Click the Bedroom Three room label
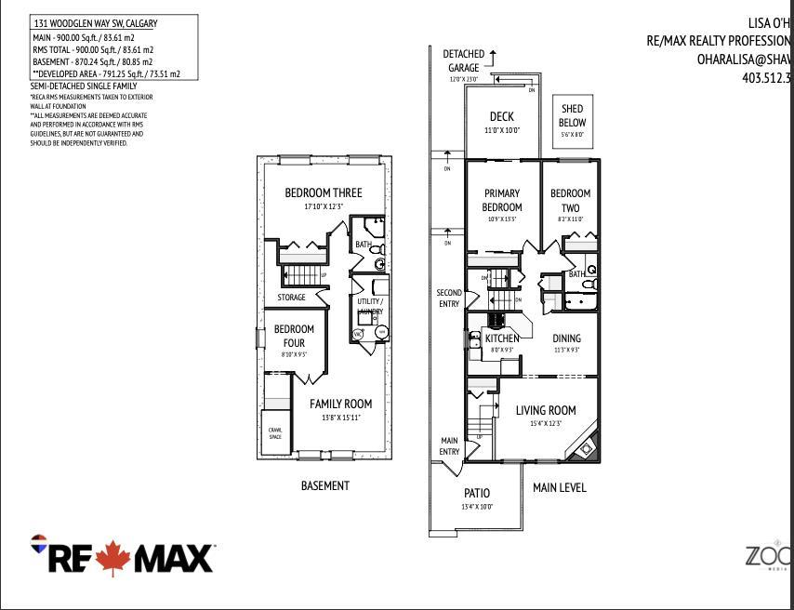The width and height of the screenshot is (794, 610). click(x=323, y=192)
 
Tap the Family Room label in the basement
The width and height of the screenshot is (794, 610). click(x=340, y=404)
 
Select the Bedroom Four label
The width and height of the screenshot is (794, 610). click(x=294, y=336)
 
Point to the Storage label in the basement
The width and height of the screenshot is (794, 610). click(x=291, y=298)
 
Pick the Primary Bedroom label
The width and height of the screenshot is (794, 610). click(x=502, y=200)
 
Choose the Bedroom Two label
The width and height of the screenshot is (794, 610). click(x=570, y=200)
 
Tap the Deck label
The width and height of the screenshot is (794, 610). click(x=502, y=117)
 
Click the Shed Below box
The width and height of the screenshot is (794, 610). click(x=572, y=116)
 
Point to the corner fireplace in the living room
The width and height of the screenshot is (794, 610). click(x=586, y=448)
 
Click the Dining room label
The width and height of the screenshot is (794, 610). click(x=566, y=338)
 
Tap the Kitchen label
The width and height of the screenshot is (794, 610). click(x=502, y=338)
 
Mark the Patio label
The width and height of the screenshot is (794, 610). click(x=476, y=493)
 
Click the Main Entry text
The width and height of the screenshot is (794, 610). click(x=449, y=446)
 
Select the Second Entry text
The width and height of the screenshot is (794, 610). click(x=449, y=298)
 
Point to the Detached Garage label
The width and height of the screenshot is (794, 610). click(x=462, y=61)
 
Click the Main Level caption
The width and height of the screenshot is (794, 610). click(x=560, y=487)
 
